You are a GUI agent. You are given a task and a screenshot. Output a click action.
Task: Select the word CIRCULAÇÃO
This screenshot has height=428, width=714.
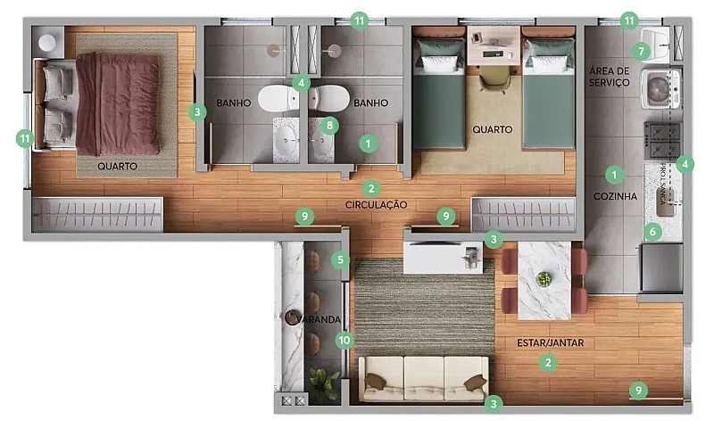click(376, 205)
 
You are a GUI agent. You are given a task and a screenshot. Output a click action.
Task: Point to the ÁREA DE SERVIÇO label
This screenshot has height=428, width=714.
click(610, 76)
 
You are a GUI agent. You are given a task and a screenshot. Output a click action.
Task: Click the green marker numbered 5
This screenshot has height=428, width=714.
click(339, 260)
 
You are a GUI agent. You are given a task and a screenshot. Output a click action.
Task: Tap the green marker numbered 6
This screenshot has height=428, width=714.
click(652, 232)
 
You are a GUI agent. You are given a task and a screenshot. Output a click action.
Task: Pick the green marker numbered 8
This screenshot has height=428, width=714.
click(329, 126)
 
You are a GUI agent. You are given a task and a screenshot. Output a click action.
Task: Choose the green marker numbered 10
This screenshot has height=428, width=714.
click(345, 340)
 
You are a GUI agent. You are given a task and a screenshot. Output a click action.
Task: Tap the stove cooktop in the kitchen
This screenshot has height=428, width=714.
click(662, 139)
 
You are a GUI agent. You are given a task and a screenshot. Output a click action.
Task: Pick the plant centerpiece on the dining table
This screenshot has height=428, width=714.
click(544, 279)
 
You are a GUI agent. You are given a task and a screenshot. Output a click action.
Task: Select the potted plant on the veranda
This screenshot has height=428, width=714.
click(323, 383)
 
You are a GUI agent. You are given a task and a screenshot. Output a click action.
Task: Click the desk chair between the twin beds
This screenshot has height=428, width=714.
click(493, 78)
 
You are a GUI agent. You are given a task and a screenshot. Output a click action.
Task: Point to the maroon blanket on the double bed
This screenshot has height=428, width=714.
click(118, 103)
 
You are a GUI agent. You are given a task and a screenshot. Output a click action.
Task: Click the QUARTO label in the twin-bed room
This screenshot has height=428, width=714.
click(493, 129)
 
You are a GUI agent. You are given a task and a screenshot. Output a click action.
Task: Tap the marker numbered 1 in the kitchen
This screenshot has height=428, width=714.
click(613, 174)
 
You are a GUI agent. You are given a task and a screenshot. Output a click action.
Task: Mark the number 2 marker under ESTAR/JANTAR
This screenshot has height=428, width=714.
click(547, 362)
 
